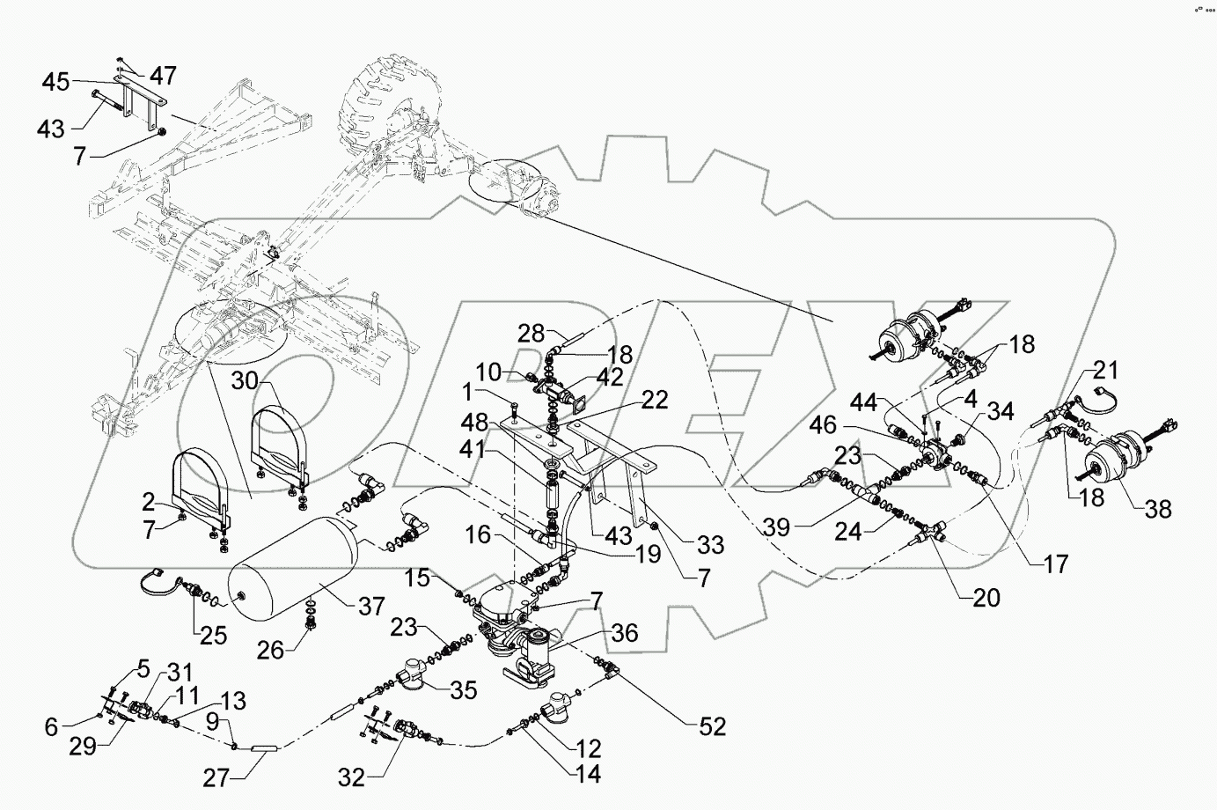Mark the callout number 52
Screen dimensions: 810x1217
[x=713, y=726]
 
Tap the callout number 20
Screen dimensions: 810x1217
[x=986, y=599]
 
